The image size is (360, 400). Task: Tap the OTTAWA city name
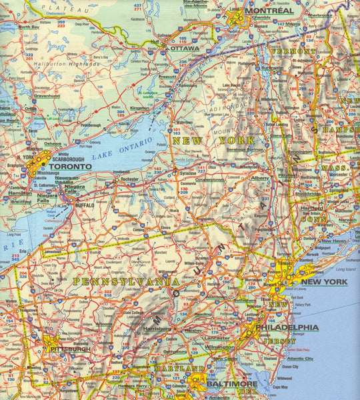pos(185,49)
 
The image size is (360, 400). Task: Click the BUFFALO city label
pos(85,205)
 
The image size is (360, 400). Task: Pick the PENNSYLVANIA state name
pos(126,282)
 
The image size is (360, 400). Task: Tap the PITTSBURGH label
pos(70,349)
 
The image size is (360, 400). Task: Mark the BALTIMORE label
pos(231,385)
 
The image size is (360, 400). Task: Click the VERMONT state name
pos(293,51)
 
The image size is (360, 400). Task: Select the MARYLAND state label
pos(178,369)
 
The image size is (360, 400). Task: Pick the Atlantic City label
pos(300,359)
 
